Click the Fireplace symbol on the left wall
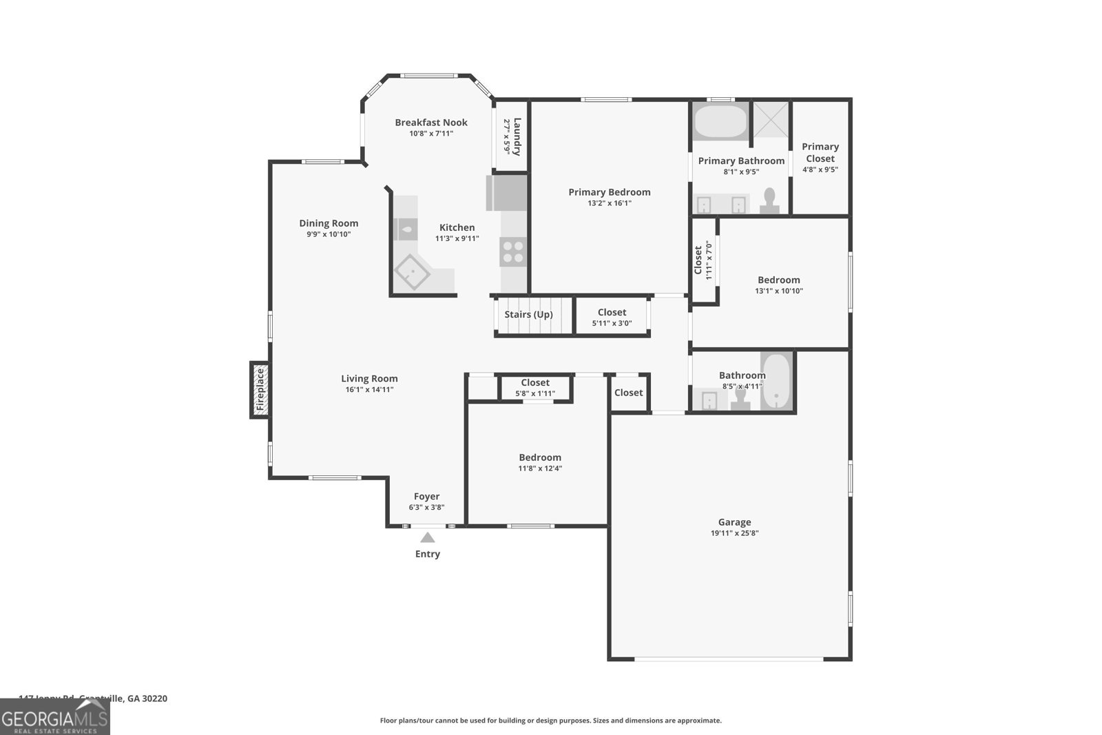260,390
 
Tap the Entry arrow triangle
427,538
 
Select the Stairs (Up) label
528,315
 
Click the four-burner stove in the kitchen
513,251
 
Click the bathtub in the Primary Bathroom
720,121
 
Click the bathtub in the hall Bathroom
777,380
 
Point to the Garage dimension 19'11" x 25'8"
734,533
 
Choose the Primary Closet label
820,152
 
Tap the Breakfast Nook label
431,123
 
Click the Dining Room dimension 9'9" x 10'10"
329,234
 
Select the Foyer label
426,497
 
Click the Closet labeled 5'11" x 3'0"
612,318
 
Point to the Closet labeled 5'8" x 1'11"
535,388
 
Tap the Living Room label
369,379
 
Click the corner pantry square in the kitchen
412,274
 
